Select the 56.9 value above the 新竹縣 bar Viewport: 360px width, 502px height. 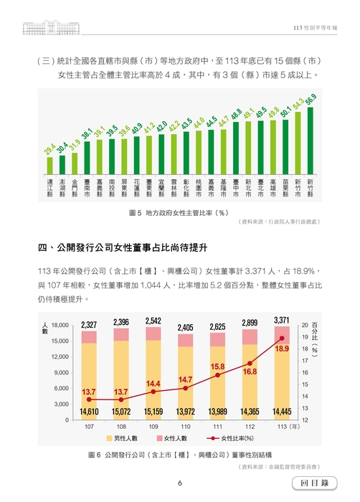tap(311, 99)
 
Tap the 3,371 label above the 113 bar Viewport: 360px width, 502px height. tap(282, 319)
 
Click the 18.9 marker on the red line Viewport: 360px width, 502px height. tap(282, 338)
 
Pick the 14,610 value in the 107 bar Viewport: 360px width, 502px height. tap(89, 412)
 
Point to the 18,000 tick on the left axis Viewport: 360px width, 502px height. tap(60, 325)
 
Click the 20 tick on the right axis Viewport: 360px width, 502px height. tap(305, 325)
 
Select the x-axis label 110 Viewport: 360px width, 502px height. tap(186, 426)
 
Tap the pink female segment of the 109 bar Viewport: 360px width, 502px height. tap(153, 333)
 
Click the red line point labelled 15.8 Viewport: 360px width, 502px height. tap(218, 375)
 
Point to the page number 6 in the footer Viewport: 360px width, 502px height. tap(179, 483)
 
